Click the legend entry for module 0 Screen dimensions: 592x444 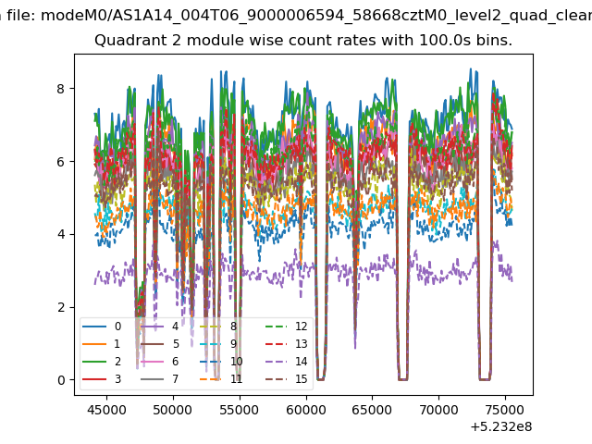click(102, 327)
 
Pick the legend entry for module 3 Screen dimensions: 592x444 click(102, 379)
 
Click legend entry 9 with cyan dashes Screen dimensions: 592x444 click(221, 344)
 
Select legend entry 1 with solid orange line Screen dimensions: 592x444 click(102, 344)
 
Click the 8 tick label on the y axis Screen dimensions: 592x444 click(61, 89)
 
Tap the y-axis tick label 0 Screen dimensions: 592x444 click(61, 380)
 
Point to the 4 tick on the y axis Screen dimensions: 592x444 click(61, 234)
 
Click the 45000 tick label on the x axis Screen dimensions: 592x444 click(106, 410)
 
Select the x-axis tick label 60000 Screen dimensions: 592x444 click(306, 410)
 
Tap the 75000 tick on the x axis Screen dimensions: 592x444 click(505, 410)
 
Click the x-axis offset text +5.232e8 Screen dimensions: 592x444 click(501, 426)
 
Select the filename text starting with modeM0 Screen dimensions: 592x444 click(316, 16)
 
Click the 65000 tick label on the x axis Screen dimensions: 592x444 click(372, 410)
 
